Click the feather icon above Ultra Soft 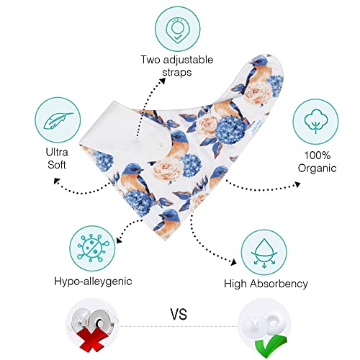coord(58,120)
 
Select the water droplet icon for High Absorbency coord(264,253)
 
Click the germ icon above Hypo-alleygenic coord(92,248)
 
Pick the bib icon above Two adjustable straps coord(177,30)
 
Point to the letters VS coord(179,314)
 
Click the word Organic coord(317,168)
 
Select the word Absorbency coord(279,284)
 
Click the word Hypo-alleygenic coord(93,282)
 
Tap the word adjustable coord(188,60)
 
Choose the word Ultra coord(57,152)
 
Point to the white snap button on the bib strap coord(161,145)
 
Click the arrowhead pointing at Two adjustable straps coord(163,81)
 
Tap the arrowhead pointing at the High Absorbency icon coord(233,262)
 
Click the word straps coord(177,72)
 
